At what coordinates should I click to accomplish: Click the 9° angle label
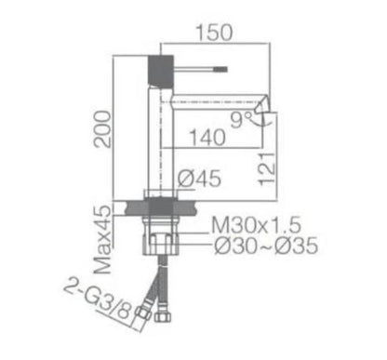coord(240,118)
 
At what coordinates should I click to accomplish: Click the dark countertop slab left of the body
coord(130,207)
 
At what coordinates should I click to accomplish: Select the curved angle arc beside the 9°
coord(264,117)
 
